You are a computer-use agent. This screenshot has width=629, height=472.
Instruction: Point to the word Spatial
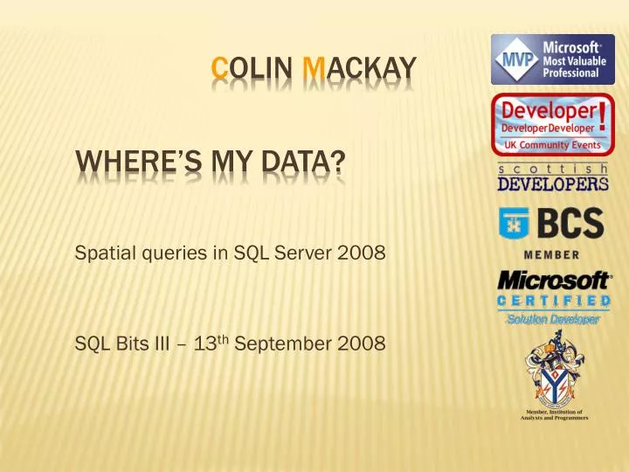click(x=104, y=256)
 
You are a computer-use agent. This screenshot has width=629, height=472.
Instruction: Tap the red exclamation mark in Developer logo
click(x=600, y=115)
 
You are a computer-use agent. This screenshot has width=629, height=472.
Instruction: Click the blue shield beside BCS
click(x=512, y=225)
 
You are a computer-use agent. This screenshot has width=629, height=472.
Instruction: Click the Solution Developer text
click(x=552, y=319)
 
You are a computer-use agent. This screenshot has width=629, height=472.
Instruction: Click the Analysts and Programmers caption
click(x=551, y=418)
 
